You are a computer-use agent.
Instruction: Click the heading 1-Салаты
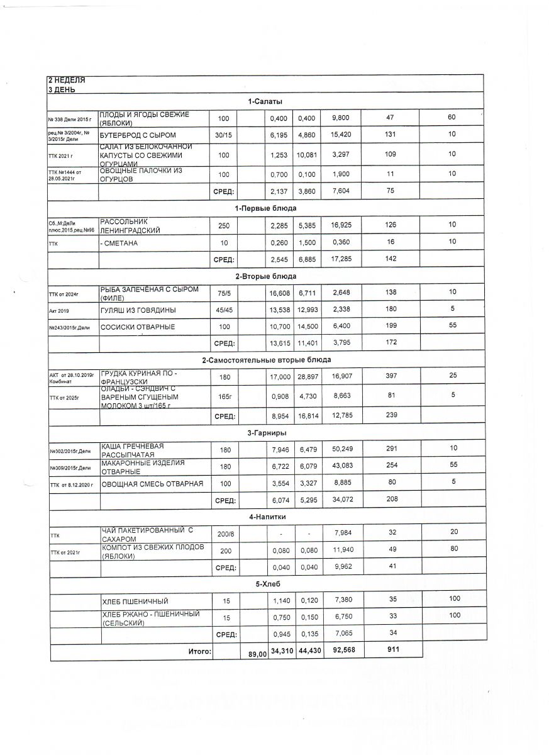265,101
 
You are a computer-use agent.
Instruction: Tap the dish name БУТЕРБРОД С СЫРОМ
138,135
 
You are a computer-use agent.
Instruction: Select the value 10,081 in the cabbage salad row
306,154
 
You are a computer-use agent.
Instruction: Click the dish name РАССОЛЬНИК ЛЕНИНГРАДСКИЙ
130,226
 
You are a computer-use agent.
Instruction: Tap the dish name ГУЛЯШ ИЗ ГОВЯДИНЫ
138,310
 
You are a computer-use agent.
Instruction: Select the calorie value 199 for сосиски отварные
391,327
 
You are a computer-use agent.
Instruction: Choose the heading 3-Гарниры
267,433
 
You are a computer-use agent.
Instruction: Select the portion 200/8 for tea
225,534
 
